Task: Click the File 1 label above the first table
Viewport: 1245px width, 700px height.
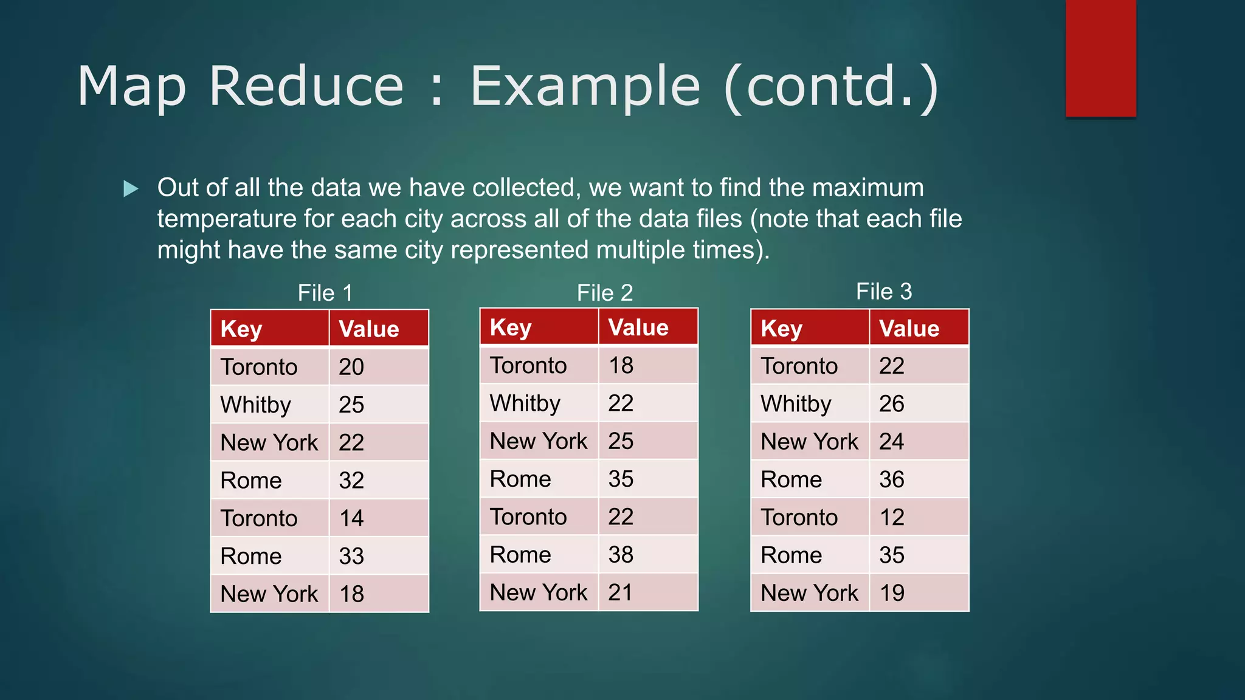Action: click(325, 293)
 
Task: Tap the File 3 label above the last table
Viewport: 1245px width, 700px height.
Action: click(883, 292)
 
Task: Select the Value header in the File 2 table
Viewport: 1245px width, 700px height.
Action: click(638, 328)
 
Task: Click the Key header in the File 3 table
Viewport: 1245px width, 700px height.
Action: click(781, 329)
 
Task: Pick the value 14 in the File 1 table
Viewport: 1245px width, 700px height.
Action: click(351, 518)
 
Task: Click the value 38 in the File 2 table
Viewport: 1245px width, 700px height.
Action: click(621, 554)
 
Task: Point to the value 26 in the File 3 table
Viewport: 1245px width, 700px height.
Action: click(891, 403)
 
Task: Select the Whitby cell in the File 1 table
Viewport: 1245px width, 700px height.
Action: click(255, 405)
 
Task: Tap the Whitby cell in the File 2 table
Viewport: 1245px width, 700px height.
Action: click(525, 403)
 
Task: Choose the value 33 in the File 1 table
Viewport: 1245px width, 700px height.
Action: click(351, 556)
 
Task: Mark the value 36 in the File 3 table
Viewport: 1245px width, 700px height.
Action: click(891, 479)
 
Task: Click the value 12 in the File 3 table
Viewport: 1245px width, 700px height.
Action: click(891, 517)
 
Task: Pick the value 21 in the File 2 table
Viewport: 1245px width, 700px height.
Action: click(620, 592)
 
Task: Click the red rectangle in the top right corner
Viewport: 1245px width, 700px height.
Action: click(1100, 58)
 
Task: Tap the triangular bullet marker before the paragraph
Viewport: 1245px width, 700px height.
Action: click(131, 188)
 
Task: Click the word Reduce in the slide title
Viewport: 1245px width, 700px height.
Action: click(306, 86)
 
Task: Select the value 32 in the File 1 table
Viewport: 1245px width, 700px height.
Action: click(351, 481)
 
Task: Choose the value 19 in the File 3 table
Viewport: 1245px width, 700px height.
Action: click(891, 593)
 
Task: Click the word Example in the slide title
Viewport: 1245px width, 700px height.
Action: click(585, 86)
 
